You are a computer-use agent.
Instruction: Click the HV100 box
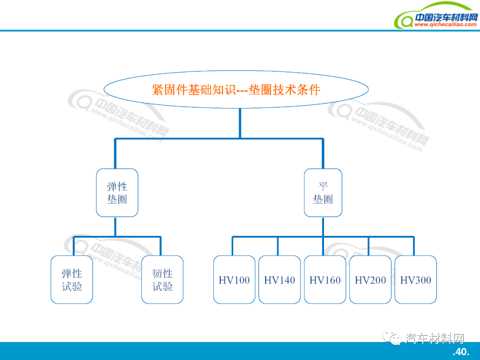[234, 280]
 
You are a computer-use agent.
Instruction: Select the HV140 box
[280, 280]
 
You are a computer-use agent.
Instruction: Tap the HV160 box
[325, 280]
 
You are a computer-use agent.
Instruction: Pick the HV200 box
[371, 280]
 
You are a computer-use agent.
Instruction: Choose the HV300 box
[416, 280]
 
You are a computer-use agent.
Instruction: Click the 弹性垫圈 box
[117, 192]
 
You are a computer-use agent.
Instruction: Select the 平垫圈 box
[323, 192]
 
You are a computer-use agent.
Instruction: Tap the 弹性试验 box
[72, 280]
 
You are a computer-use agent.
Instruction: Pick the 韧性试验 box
[162, 280]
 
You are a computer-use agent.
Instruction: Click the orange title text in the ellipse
[236, 89]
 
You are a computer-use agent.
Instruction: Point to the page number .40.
[461, 352]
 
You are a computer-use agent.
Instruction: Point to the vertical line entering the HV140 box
[278, 246]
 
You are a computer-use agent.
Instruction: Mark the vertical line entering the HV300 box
[414, 246]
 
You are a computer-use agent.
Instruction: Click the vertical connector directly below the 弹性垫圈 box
[115, 227]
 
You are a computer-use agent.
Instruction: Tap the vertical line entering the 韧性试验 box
[160, 246]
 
